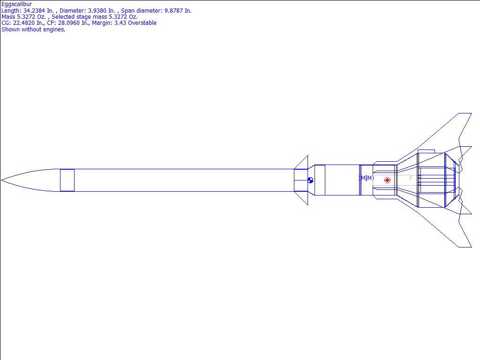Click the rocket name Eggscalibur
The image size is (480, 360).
[x=16, y=4]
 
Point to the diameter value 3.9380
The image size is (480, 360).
[x=101, y=11]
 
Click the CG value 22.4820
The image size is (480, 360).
[x=23, y=23]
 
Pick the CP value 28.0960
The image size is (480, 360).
[x=69, y=23]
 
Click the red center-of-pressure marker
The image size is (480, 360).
[x=387, y=180]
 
